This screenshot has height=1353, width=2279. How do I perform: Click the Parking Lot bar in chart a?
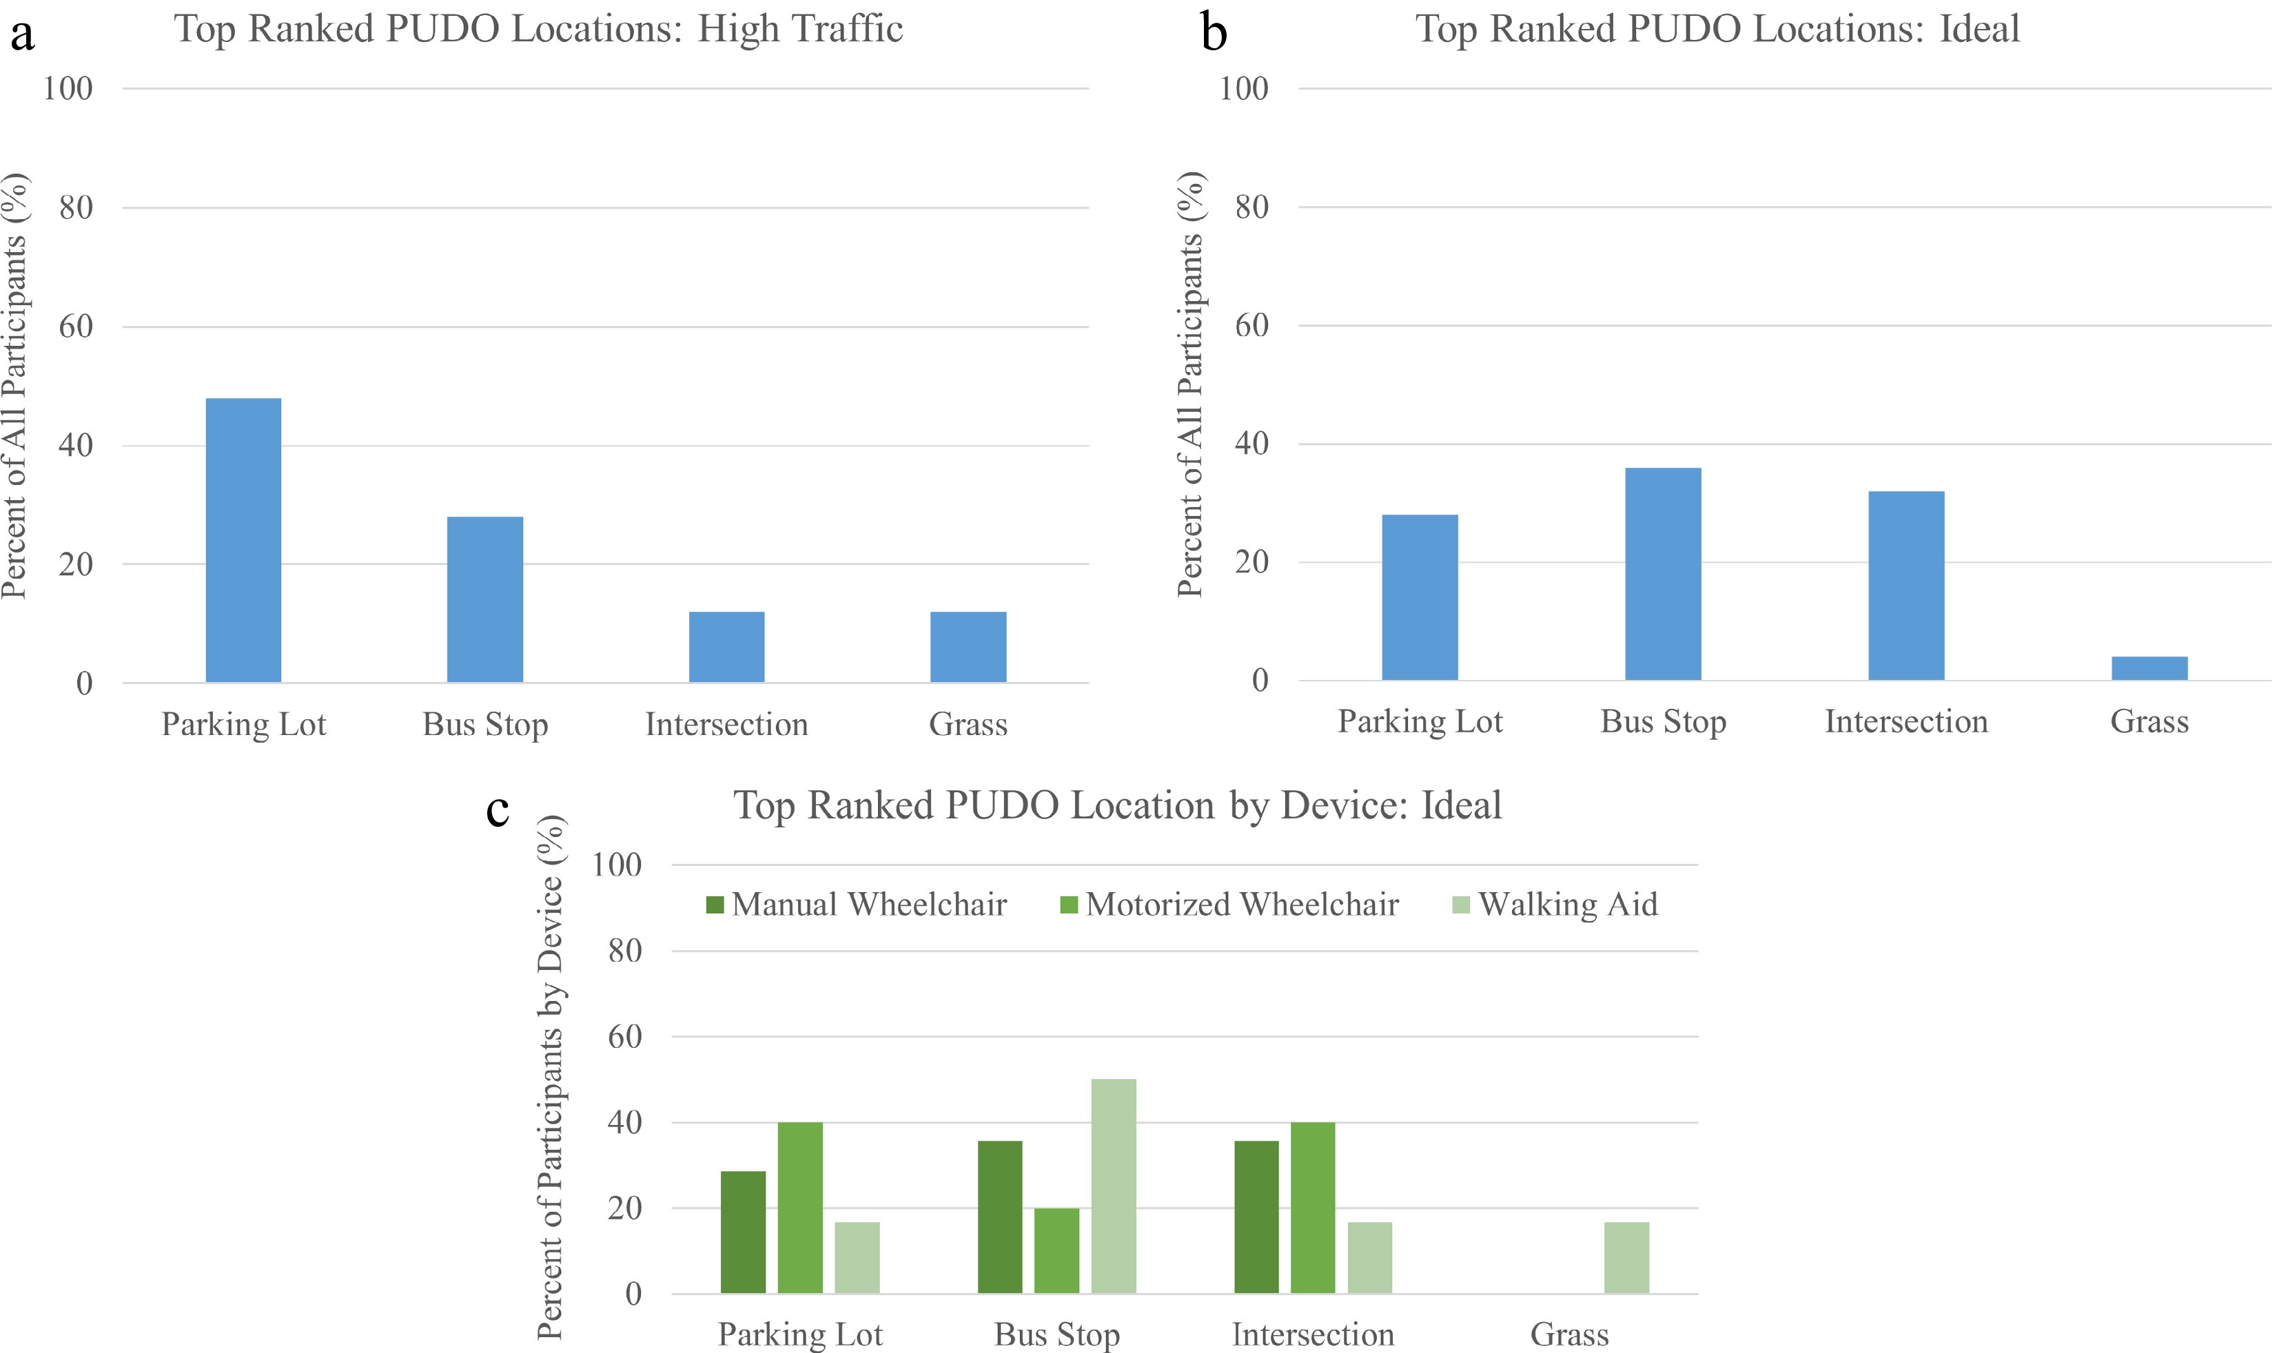point(243,539)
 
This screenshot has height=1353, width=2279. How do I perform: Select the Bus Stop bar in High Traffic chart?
point(485,599)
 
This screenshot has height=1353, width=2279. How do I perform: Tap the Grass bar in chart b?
point(2149,668)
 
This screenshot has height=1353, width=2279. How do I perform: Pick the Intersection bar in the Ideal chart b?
point(1906,586)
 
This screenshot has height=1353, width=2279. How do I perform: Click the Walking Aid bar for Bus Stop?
point(1114,1185)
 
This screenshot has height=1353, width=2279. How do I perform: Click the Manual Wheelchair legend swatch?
point(715,905)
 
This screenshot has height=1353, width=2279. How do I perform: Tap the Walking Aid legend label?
point(1568,905)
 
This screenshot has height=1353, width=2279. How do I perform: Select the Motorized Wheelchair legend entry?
point(1241,905)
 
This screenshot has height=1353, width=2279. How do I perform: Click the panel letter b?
point(1214,33)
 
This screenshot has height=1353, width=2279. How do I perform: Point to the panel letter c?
point(497,808)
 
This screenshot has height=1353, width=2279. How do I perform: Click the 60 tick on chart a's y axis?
point(76,327)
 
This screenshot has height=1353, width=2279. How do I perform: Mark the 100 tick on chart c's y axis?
point(617,865)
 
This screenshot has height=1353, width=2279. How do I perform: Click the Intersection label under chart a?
point(727,724)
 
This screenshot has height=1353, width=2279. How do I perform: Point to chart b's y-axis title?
point(1189,384)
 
